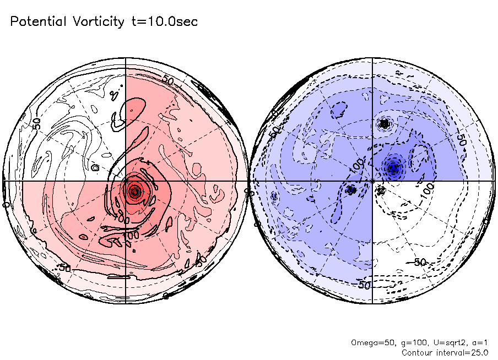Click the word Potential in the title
point(39,22)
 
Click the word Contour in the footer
point(417,352)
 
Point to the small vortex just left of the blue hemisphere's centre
point(351,190)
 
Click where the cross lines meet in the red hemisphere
point(126,181)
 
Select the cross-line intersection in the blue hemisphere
point(372,181)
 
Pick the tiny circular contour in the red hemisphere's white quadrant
point(95,167)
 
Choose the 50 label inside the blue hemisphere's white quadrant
point(420,262)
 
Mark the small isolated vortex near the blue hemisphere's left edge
point(274,196)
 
